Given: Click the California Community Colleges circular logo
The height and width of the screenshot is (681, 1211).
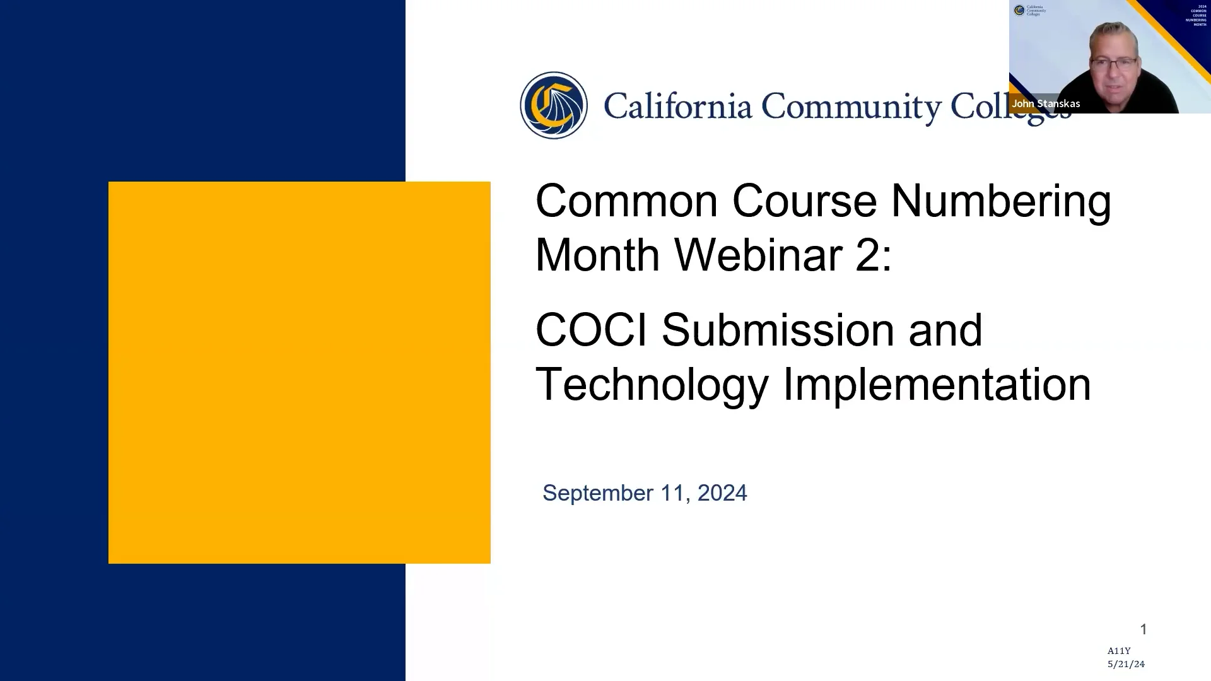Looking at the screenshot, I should (553, 105).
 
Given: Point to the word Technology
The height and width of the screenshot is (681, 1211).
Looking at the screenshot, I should (652, 385).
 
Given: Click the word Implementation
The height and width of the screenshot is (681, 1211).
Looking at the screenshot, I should (937, 385).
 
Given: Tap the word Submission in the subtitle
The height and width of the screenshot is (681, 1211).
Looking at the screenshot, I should (777, 330).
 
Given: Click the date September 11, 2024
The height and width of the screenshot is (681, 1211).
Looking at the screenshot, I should (645, 493).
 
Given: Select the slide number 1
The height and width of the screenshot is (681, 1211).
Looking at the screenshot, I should (1143, 629).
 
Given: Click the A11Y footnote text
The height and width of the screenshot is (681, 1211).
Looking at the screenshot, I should (1119, 651).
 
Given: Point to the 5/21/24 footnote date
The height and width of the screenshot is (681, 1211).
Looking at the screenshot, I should (1126, 664).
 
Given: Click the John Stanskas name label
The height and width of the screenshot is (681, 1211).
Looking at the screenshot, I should (1046, 103).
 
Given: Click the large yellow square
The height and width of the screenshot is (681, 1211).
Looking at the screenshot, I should (299, 372).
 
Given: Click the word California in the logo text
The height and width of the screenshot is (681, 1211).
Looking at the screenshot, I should (678, 106).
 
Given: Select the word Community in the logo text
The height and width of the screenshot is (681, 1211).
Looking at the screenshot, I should (851, 106).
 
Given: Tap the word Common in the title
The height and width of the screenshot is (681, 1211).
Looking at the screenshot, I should (626, 201).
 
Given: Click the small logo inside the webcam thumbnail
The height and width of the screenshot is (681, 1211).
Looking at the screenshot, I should (1019, 10).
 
